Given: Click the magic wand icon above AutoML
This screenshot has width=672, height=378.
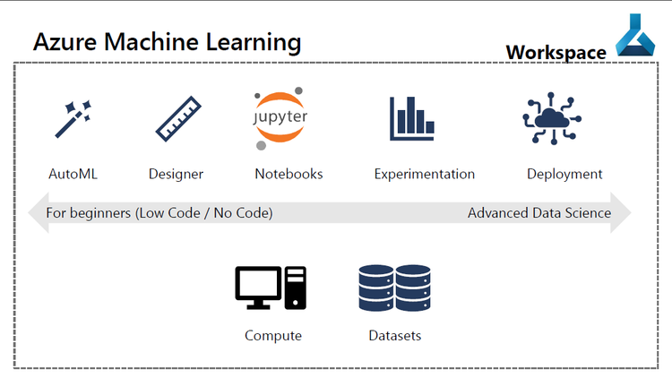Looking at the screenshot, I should (x=73, y=119).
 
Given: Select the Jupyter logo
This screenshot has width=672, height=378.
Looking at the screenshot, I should (x=280, y=119).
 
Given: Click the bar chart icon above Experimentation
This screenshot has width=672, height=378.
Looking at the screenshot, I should (x=411, y=119).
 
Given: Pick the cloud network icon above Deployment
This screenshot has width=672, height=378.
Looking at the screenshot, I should (x=551, y=119).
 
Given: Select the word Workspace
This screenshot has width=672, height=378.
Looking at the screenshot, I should (x=556, y=53).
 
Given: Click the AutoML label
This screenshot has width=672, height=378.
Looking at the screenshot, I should (x=73, y=174).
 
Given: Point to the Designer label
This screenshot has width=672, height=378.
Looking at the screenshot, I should (x=176, y=174).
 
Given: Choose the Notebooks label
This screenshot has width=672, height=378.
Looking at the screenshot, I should (x=289, y=174).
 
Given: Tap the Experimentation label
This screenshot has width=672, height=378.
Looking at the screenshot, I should (x=424, y=174).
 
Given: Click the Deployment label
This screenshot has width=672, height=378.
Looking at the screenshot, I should (x=564, y=174).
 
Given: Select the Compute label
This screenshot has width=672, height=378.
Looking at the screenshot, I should (x=273, y=336).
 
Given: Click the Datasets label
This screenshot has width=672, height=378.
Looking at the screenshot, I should (x=394, y=336).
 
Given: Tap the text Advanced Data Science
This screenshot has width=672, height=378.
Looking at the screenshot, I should (x=539, y=213).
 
